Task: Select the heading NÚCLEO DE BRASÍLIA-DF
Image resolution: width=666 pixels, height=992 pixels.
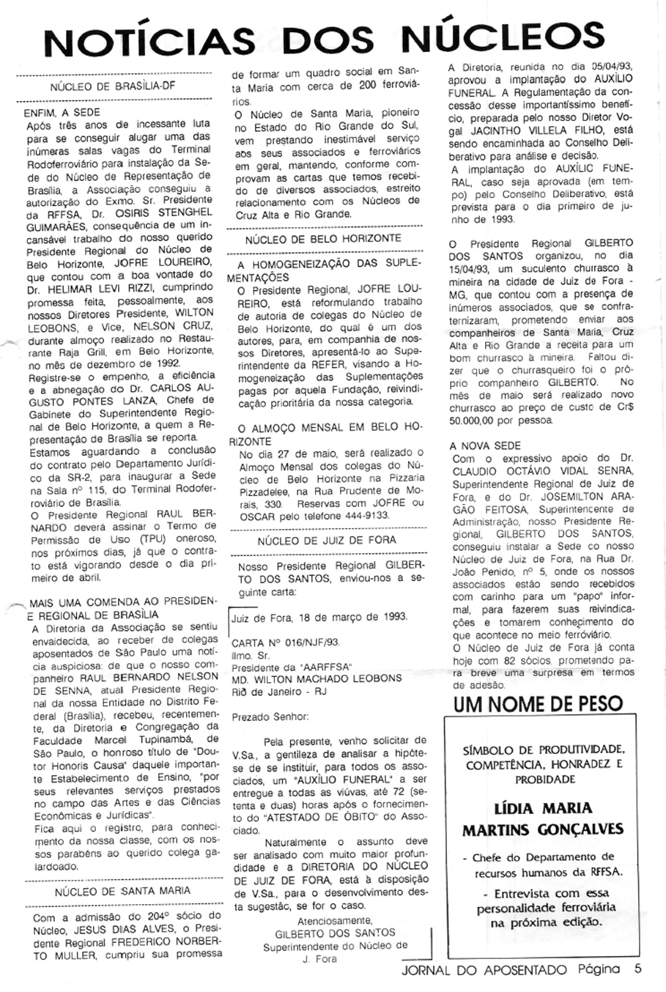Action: (x=113, y=89)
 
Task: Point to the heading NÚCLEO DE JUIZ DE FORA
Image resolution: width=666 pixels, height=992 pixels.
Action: (x=327, y=540)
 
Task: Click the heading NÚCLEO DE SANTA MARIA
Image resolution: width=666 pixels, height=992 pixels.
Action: (x=122, y=891)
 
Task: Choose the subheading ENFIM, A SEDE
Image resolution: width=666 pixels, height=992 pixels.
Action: (x=54, y=114)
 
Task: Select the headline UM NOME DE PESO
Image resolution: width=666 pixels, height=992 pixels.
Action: (x=538, y=705)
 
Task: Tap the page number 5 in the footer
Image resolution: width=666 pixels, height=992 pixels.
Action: (x=638, y=969)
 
